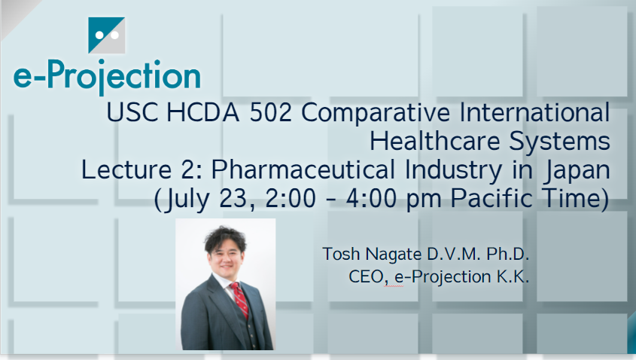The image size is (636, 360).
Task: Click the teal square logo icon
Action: click(107, 35)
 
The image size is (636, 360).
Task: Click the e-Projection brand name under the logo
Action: click(107, 76)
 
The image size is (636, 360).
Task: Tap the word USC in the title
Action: click(132, 112)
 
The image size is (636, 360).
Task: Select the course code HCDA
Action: click(202, 112)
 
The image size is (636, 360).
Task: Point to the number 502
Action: click(270, 112)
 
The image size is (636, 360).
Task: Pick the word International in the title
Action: click(534, 112)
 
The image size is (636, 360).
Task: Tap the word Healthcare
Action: click(435, 142)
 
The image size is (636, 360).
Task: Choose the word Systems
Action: click(560, 142)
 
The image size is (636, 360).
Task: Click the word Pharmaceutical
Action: click(303, 169)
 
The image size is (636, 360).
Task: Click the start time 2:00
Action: click(291, 199)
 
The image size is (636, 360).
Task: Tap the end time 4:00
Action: click(371, 199)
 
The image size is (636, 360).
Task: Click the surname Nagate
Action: click(394, 255)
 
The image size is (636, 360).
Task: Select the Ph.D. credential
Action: click(508, 254)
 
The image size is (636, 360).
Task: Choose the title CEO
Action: click(367, 277)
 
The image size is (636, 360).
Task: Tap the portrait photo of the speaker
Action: click(226, 284)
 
